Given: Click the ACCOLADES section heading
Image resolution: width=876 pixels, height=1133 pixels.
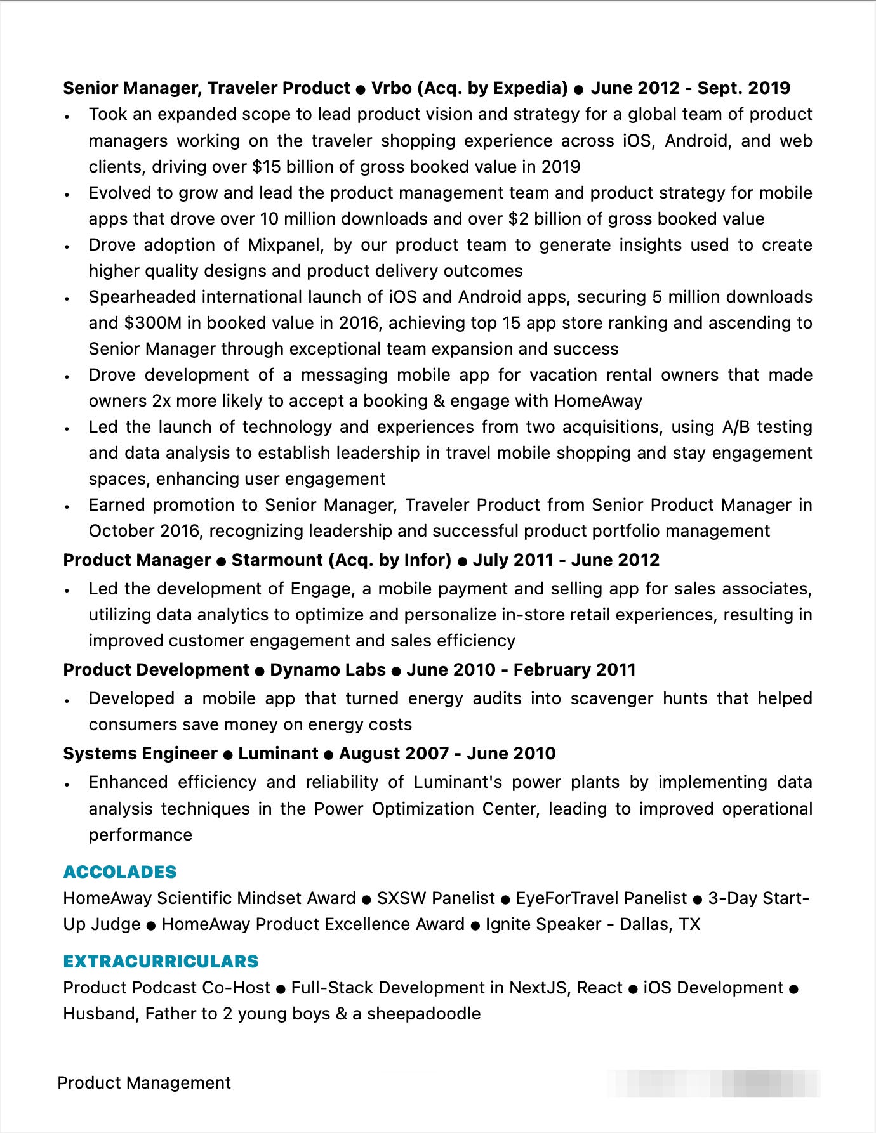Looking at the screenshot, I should [x=120, y=872].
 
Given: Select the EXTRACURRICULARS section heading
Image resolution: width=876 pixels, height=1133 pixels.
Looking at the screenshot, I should [x=161, y=961].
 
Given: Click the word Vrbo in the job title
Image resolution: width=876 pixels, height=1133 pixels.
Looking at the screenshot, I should [x=391, y=88].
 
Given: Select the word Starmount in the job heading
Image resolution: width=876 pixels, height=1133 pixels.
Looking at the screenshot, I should [x=277, y=560].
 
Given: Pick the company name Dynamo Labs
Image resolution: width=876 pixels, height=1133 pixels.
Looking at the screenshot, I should [x=328, y=670].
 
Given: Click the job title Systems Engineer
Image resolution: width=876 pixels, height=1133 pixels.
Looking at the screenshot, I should [x=140, y=754].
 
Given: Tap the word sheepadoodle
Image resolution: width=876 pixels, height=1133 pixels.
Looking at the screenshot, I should [x=423, y=1014].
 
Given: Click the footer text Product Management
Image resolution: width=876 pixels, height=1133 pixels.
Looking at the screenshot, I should [x=144, y=1083].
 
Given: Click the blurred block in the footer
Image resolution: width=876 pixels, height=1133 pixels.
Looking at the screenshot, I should [x=713, y=1083].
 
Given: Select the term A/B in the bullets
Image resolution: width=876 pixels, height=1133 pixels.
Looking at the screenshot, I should [x=736, y=427].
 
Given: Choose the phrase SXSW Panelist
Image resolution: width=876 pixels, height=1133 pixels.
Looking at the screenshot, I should [x=435, y=898].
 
